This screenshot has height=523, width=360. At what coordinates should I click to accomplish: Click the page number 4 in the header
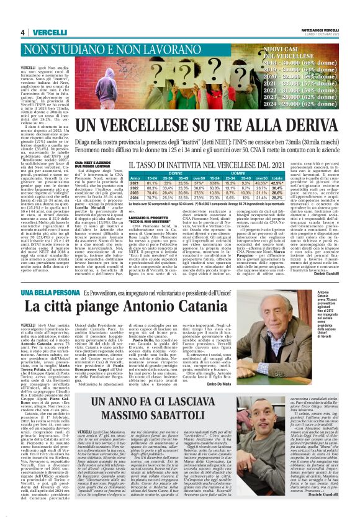point(22,32)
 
